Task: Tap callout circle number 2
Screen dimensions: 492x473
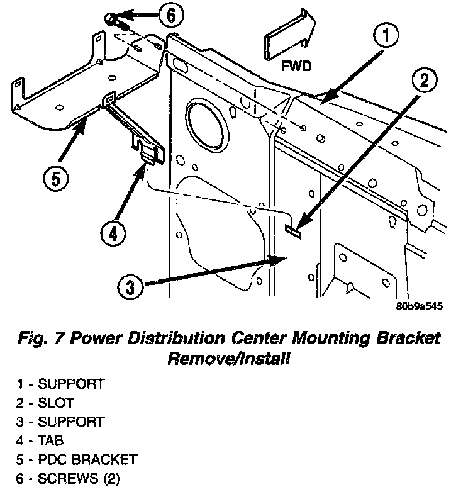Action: (x=425, y=80)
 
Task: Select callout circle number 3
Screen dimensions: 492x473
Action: (x=130, y=288)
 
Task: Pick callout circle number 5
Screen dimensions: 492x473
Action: (x=55, y=179)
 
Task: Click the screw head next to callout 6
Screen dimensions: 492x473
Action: (x=112, y=19)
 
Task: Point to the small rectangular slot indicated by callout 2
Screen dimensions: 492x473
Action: (x=292, y=230)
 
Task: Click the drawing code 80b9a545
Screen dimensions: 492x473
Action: (x=420, y=307)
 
